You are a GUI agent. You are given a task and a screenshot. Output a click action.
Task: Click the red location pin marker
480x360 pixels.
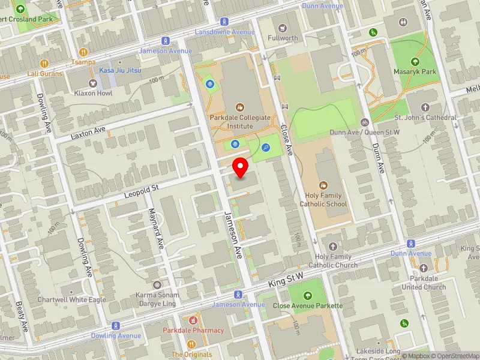click(x=241, y=167)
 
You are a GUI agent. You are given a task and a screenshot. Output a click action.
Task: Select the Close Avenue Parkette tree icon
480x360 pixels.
click(x=308, y=295)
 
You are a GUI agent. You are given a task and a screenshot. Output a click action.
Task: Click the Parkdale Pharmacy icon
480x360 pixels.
click(x=193, y=320)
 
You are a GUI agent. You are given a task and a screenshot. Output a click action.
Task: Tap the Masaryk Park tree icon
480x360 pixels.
click(x=415, y=61)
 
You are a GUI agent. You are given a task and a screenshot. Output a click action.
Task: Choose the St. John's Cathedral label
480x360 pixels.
click(x=425, y=118)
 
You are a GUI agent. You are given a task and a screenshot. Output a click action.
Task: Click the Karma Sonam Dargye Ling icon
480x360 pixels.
click(x=157, y=284)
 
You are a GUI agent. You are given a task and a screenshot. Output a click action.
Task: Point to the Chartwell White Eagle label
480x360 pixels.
click(x=71, y=299)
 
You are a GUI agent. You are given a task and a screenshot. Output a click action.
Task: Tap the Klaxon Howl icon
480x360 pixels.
click(x=93, y=83)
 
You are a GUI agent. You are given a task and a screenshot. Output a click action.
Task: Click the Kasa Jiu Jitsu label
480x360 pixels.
click(x=121, y=71)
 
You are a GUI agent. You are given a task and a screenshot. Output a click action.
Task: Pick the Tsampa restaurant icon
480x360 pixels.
click(x=83, y=52)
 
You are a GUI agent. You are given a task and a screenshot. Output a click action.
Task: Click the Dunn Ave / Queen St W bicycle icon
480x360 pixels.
click(x=365, y=122)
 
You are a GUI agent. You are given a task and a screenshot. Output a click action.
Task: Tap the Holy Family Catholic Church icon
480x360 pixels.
click(x=334, y=247)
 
